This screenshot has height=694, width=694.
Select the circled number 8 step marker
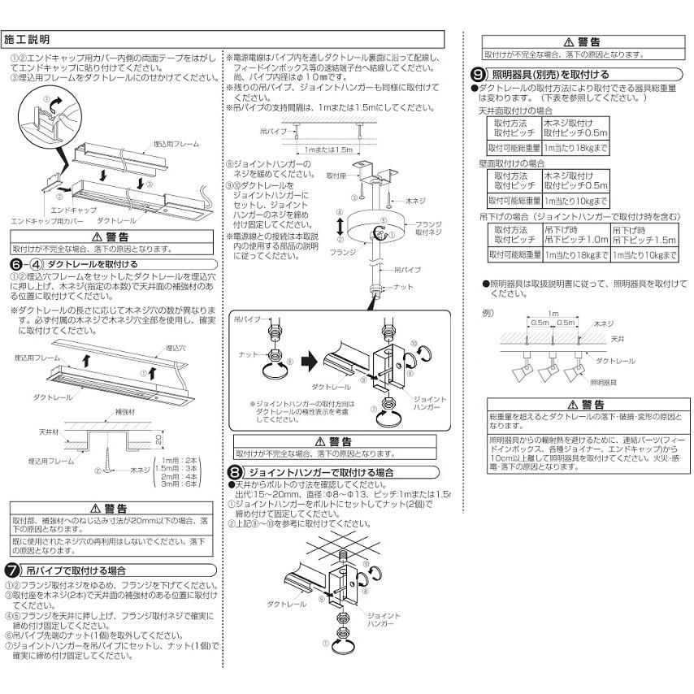[234, 472]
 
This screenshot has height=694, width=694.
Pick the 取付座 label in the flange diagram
[336, 175]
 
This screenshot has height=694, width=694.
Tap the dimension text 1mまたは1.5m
[329, 150]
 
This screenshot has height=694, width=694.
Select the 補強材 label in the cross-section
[102, 413]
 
